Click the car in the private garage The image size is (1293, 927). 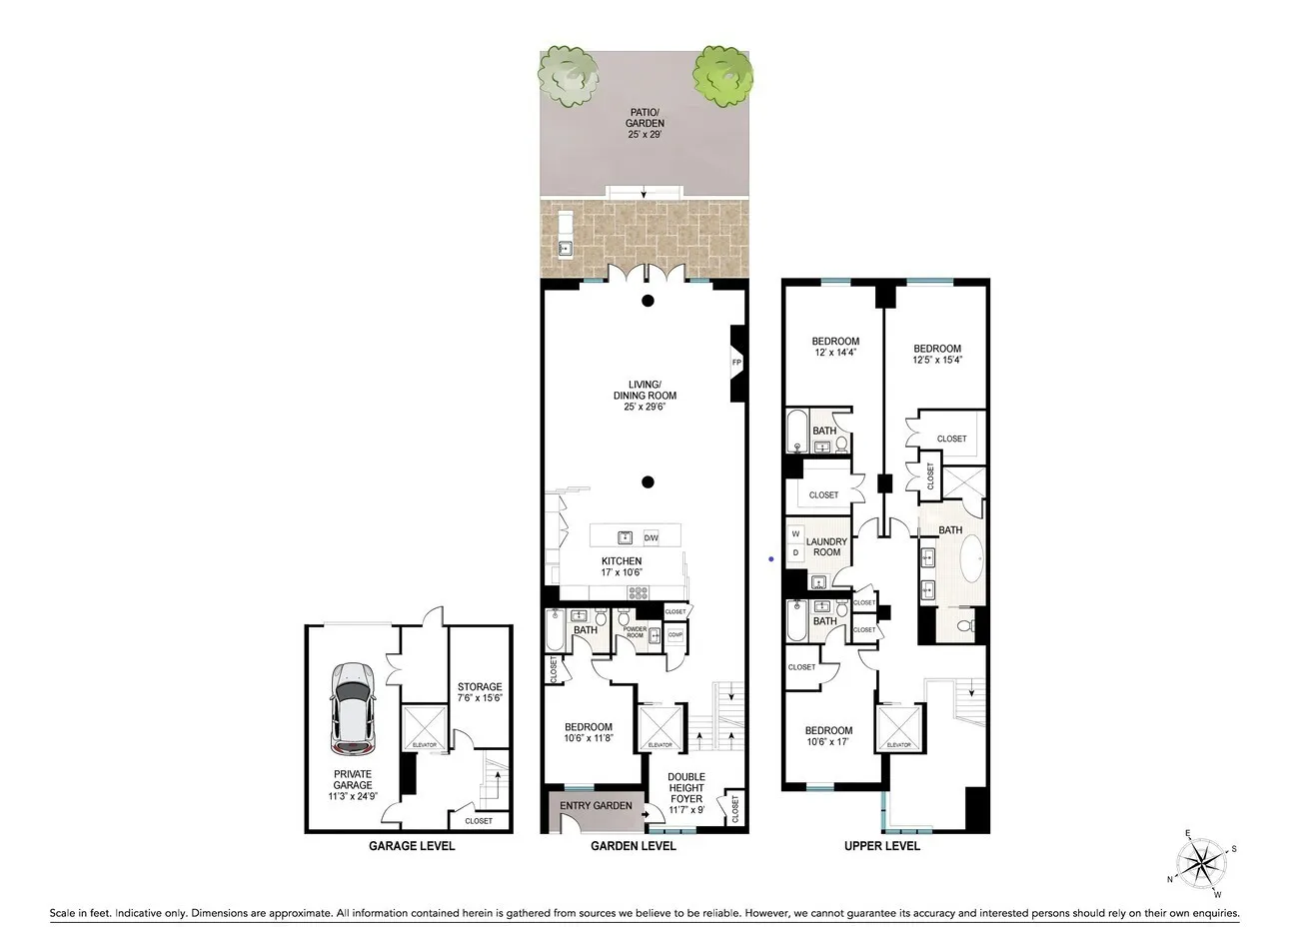click(x=353, y=709)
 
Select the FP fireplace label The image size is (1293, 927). click(x=736, y=363)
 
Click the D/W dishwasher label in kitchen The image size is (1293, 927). click(x=650, y=538)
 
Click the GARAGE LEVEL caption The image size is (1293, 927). click(x=412, y=846)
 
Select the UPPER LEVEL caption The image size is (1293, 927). click(x=881, y=846)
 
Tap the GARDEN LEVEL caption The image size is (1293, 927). click(x=634, y=846)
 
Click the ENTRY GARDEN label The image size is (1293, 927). click(x=596, y=806)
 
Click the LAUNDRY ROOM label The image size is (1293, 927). click(x=827, y=547)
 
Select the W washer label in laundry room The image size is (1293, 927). click(x=796, y=534)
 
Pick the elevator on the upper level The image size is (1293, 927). click(x=898, y=728)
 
